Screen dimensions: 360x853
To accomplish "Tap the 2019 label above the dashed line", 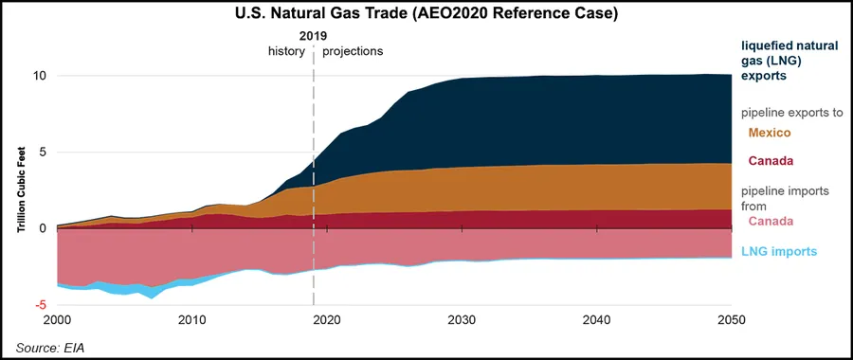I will coord(313,35).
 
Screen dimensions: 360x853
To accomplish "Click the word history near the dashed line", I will coord(286,51).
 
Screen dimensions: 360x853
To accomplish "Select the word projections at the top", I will coord(353,51).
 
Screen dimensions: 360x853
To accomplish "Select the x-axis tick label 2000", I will coord(58,320).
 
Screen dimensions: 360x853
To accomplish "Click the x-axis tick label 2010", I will coord(192,320).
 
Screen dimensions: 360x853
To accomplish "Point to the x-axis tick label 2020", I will coord(327,320).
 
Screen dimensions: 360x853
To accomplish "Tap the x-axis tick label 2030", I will coord(462,320).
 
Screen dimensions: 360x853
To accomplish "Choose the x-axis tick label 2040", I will coord(596,320).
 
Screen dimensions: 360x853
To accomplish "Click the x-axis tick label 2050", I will coord(731,320).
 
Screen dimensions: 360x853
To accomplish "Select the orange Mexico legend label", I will coord(770,133).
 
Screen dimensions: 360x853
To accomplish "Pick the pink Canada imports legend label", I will coord(771,222).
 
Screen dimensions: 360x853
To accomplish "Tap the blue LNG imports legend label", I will coord(778,251).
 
